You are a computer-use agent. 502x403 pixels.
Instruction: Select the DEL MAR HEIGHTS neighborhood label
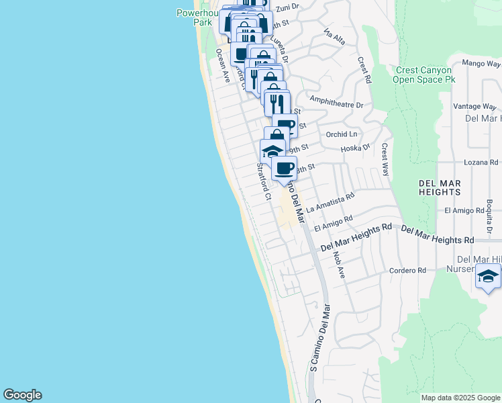(434, 186)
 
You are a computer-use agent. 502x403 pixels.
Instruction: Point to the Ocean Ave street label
(223, 65)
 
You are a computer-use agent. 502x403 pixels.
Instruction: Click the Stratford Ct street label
(262, 181)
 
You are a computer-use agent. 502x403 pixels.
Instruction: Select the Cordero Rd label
(408, 271)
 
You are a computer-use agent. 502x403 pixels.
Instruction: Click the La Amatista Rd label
(330, 204)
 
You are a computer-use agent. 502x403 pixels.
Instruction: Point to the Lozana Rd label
(482, 163)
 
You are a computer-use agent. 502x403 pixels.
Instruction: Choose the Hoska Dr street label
(356, 147)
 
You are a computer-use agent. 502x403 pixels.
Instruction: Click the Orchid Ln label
(342, 134)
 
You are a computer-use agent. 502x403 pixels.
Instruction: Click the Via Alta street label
(334, 36)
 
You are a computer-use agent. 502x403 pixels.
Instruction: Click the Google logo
(22, 395)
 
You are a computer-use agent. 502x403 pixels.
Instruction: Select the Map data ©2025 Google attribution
(460, 398)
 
